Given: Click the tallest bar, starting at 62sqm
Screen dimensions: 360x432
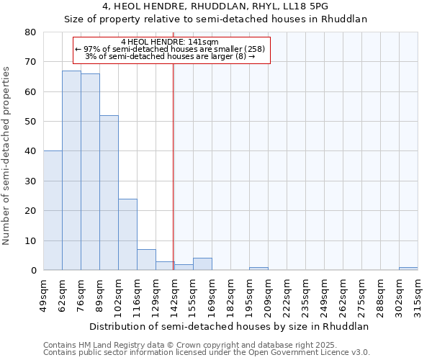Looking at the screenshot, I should point(71,171).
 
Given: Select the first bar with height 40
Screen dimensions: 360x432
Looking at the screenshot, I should point(53,210).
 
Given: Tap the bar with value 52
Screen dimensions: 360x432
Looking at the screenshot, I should point(109,193).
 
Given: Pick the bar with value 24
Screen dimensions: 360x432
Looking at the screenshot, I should point(127,235).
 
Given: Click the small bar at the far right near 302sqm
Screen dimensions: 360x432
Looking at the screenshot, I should point(408,269).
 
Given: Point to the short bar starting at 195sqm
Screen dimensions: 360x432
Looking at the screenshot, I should point(258,269).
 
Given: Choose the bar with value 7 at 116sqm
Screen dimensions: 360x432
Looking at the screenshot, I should point(146,260).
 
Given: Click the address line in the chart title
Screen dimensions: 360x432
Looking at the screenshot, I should point(216,6).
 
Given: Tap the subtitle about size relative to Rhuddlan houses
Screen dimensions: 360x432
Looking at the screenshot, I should point(216,19).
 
